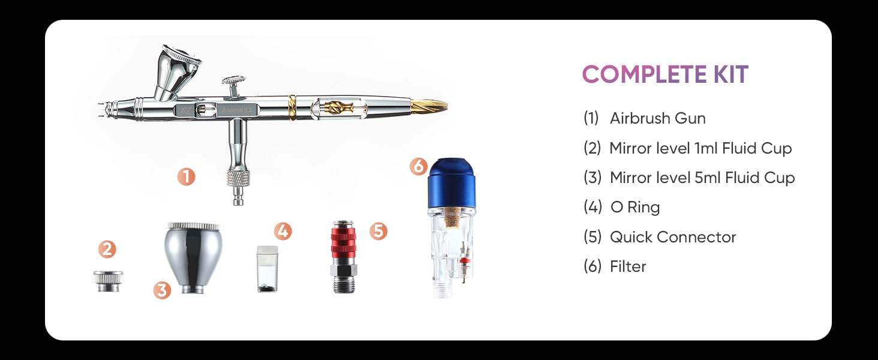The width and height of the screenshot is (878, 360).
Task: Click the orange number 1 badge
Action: tap(186, 177)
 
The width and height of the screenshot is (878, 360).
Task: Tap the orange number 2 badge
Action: tap(107, 249)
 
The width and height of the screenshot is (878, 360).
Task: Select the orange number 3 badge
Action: tap(162, 290)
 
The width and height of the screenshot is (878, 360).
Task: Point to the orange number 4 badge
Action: tap(282, 231)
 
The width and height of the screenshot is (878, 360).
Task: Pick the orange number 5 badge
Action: tap(378, 231)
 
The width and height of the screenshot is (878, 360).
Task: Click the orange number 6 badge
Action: tap(418, 166)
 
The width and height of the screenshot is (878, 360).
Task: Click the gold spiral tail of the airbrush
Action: tap(429, 106)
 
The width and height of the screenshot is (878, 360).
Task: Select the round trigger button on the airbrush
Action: tap(234, 80)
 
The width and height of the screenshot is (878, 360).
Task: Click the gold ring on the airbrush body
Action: tap(292, 107)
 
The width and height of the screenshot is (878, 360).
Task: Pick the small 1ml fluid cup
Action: tap(108, 281)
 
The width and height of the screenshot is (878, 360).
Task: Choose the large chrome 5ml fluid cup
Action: tap(193, 257)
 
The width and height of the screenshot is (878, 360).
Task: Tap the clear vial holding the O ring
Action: tap(267, 269)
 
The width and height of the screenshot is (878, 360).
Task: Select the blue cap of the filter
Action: tap(452, 183)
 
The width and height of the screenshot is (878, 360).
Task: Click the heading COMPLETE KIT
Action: tap(665, 74)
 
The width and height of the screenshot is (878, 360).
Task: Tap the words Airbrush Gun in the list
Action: tap(658, 118)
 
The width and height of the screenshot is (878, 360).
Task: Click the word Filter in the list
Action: tap(628, 266)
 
